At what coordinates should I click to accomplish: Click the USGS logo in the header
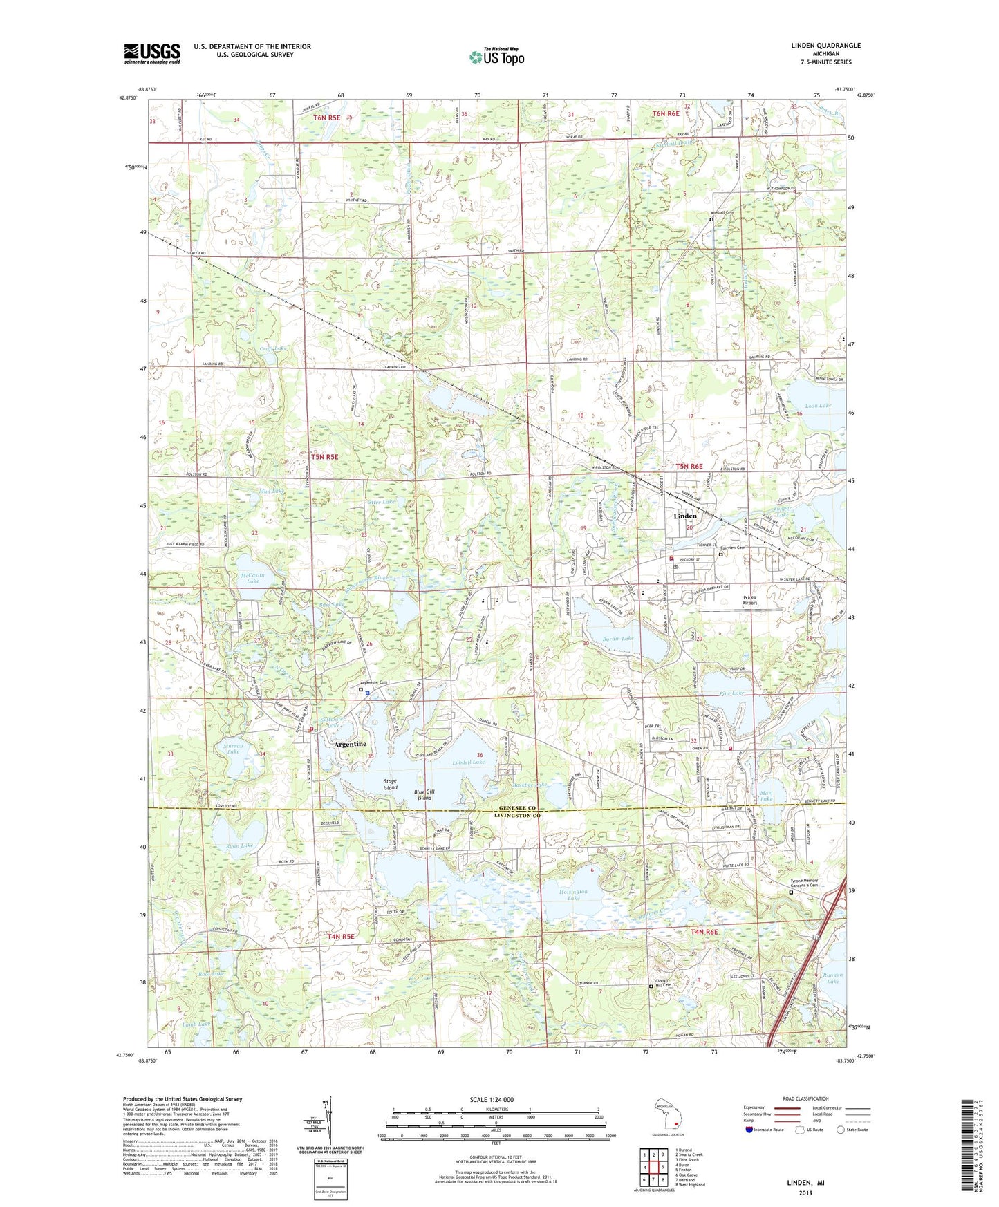coord(151,53)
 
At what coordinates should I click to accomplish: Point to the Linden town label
coord(684,516)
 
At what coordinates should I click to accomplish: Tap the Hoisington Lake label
coord(573,895)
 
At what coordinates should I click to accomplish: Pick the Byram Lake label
coord(618,639)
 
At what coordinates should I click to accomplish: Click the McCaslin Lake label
coord(252,578)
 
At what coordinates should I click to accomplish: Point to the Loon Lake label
coord(819,406)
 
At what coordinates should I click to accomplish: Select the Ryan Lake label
coord(239,845)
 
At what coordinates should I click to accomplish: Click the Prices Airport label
coord(749,600)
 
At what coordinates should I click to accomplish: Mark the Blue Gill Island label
coord(424,795)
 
